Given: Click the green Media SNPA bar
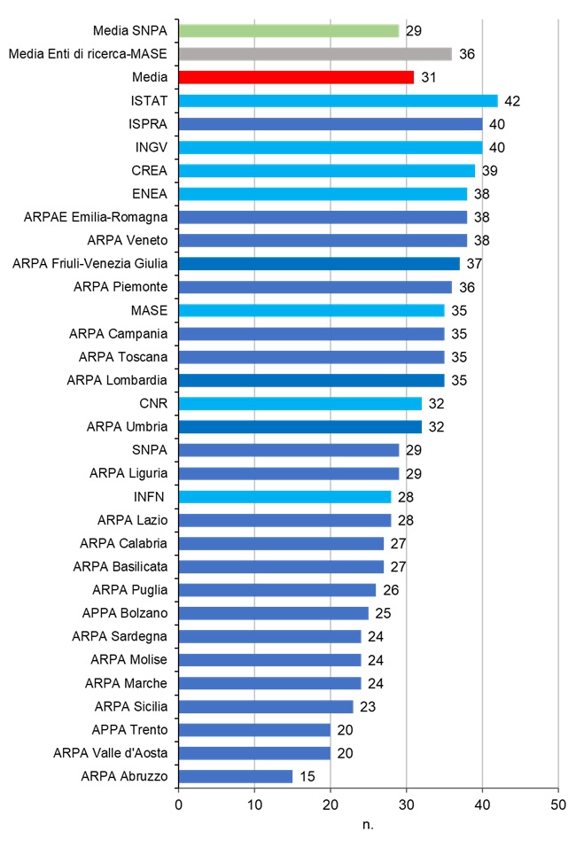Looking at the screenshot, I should [288, 31].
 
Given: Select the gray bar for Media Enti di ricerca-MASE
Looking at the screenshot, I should [315, 54].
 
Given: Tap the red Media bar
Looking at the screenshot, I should [295, 77].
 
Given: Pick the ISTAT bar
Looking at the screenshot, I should [338, 101].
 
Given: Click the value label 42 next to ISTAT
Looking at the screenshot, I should [511, 101].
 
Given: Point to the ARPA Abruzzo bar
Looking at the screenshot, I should [235, 776].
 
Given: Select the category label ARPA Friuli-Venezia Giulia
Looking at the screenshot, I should [94, 263].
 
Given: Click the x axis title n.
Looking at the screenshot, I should [368, 826].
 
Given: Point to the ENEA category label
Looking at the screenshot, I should [149, 193].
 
